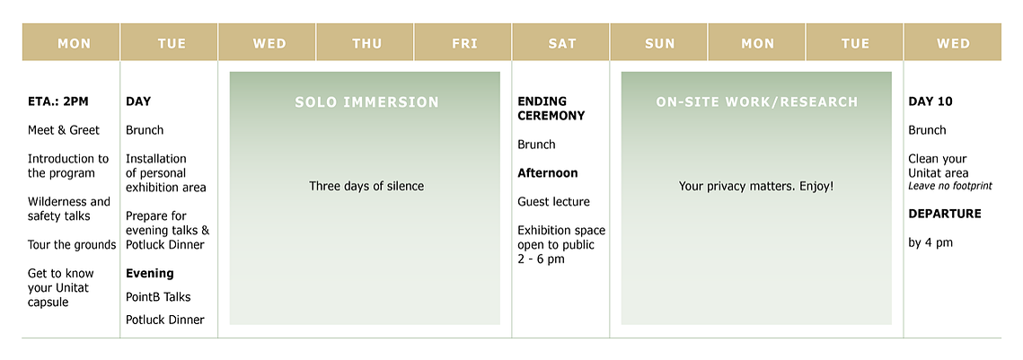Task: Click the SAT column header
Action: (561, 42)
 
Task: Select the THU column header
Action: (366, 42)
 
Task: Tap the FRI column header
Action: (463, 42)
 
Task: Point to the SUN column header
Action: (659, 42)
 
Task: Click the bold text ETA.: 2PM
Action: (58, 101)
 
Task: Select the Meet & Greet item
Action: (63, 130)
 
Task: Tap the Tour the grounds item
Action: (72, 244)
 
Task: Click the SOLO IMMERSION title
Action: (366, 101)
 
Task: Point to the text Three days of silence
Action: (366, 187)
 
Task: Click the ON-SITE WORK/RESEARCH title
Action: (757, 101)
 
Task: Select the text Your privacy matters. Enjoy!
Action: (756, 187)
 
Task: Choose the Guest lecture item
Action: (553, 202)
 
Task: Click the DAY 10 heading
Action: (930, 101)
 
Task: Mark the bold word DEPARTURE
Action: (945, 214)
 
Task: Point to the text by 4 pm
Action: (930, 243)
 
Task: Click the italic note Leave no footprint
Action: (950, 187)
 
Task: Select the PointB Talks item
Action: (158, 297)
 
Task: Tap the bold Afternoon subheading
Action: (547, 173)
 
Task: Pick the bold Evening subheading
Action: (149, 273)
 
